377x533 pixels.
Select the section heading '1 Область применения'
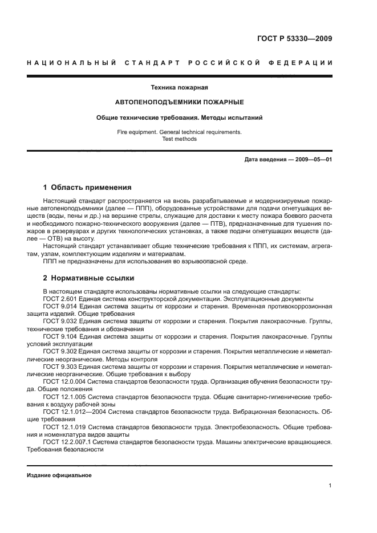click(x=88, y=187)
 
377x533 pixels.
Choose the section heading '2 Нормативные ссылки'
click(x=89, y=278)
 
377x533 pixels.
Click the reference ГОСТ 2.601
click(x=58, y=299)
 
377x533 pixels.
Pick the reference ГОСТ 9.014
click(x=58, y=306)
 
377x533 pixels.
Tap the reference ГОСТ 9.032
click(x=58, y=322)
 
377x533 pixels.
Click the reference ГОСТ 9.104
click(x=58, y=337)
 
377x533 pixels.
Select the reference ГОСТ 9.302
click(x=58, y=352)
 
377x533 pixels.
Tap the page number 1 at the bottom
click(x=330, y=486)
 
